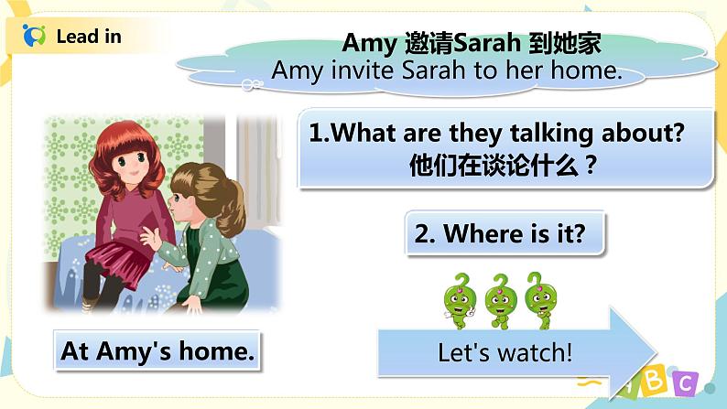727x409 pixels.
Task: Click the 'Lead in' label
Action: pyautogui.click(x=88, y=37)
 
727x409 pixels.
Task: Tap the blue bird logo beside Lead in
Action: pyautogui.click(x=34, y=37)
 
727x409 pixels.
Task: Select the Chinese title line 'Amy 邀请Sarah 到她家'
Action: pyautogui.click(x=471, y=43)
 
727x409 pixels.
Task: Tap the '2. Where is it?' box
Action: pyautogui.click(x=505, y=234)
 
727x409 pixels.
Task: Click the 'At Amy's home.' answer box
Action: pyautogui.click(x=157, y=351)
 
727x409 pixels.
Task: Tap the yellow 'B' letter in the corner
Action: pyautogui.click(x=653, y=385)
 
